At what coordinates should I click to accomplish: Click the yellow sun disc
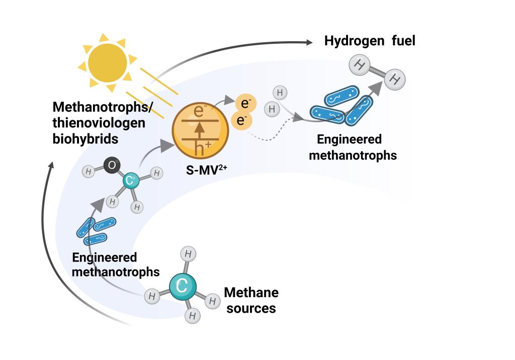107,63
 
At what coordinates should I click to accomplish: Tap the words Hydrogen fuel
370,41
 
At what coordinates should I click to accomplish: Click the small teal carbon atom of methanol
130,182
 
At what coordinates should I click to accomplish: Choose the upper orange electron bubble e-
246,104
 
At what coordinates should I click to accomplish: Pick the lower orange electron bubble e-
241,121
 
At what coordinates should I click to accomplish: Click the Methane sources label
251,300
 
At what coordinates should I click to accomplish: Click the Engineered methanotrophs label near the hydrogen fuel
353,147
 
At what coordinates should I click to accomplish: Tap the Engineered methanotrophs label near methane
116,264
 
